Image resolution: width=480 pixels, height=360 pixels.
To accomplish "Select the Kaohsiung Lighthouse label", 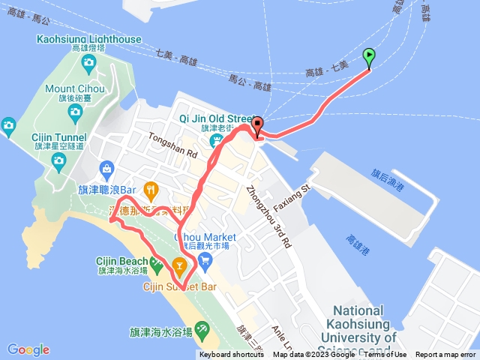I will pyautogui.click(x=87, y=38).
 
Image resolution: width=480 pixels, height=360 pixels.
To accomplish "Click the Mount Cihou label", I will pyautogui.click(x=75, y=88).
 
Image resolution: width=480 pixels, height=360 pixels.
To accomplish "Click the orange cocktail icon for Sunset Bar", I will pyautogui.click(x=179, y=265).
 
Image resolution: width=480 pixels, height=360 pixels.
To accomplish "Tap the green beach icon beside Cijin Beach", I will pyautogui.click(x=156, y=264).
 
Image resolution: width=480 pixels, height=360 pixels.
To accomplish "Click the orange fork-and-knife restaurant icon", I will pyautogui.click(x=151, y=189).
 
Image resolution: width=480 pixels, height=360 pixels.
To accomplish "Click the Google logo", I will pyautogui.click(x=28, y=349).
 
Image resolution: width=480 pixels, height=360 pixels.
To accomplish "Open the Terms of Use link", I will pyautogui.click(x=385, y=355).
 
